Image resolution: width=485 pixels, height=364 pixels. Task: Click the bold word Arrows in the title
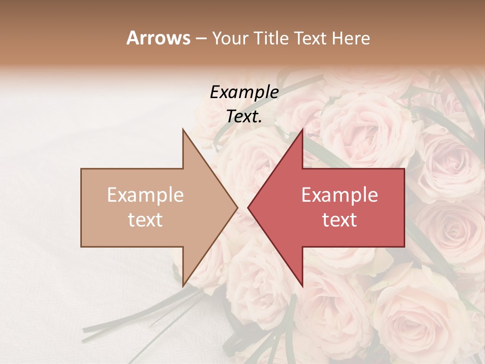tap(159, 38)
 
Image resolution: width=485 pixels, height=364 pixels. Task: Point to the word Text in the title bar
tap(310, 38)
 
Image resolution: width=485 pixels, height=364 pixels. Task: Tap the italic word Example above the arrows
tap(244, 93)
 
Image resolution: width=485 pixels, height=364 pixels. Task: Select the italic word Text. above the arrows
tap(244, 116)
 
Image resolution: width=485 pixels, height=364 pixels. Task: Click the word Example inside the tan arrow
tap(145, 195)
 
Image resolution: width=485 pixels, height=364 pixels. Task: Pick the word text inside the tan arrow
tap(145, 220)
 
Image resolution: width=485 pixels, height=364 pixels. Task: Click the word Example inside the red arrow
tap(339, 195)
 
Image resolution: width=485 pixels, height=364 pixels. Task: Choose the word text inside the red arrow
tap(339, 220)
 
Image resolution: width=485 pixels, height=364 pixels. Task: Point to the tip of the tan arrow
tap(237, 207)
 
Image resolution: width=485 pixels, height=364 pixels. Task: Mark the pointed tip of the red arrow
tap(248, 207)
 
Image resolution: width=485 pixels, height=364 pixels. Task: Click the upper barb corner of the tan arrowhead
tap(183, 129)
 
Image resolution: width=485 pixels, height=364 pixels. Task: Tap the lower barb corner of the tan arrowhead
tap(183, 286)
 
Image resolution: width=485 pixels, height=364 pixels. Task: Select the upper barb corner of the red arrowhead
tap(302, 129)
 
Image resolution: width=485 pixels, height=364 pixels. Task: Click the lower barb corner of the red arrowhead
tap(302, 286)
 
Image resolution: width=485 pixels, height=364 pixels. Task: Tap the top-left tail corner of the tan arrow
tap(81, 169)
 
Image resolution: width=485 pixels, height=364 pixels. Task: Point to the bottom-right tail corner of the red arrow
tap(404, 246)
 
